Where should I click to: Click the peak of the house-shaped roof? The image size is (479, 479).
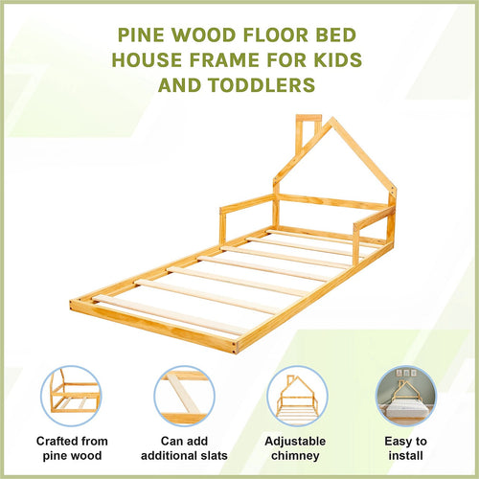click(x=331, y=120)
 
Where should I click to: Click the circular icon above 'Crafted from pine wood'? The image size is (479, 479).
click(x=73, y=396)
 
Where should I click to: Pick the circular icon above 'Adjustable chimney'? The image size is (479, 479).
click(x=295, y=396)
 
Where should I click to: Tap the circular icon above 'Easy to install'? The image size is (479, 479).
click(x=406, y=396)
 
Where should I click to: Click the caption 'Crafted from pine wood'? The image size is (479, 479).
click(x=73, y=448)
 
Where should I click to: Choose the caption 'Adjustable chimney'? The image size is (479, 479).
click(x=295, y=448)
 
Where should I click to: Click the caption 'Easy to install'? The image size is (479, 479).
click(x=406, y=448)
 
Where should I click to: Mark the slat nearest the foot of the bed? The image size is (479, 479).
click(x=168, y=314)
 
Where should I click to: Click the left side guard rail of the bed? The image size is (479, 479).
click(x=247, y=202)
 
